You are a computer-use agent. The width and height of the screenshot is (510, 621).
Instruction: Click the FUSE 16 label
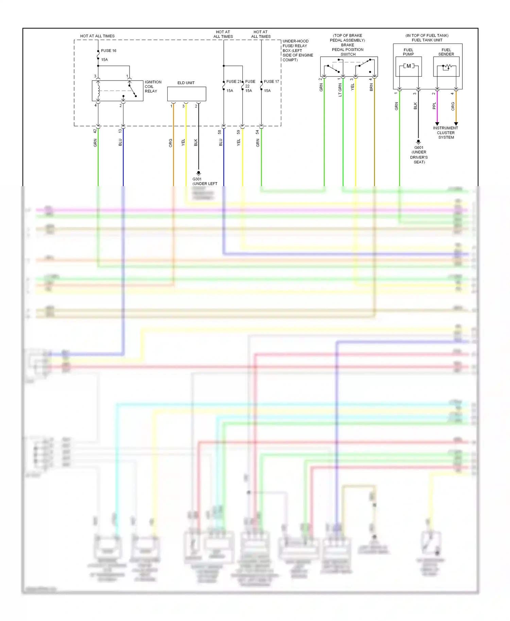coord(108,51)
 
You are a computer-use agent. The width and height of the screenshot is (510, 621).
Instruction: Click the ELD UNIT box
coord(186,94)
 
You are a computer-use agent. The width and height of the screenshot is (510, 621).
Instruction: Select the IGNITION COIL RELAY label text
coord(153,87)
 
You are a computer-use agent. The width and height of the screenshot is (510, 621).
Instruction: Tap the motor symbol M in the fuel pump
coord(409,66)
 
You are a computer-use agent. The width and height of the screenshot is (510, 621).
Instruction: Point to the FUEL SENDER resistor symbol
coord(446,67)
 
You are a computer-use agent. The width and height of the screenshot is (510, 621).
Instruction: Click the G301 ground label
coord(197,179)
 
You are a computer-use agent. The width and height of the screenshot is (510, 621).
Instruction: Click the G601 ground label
coord(419,147)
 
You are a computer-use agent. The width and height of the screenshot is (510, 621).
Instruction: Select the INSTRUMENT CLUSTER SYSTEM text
coord(446,133)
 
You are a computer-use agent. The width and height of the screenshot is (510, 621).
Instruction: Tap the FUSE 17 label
coord(271,82)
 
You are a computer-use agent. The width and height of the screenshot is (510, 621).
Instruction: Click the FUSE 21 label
coord(234,82)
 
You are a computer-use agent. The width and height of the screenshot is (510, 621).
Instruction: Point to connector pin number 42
coord(95,131)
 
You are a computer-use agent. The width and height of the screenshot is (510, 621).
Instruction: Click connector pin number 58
coord(220,132)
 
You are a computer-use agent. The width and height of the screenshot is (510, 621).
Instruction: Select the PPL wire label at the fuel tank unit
coord(434,106)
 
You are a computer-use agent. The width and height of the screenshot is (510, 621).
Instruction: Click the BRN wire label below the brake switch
coord(371,87)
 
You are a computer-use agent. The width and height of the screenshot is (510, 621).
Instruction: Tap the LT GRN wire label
coord(340,90)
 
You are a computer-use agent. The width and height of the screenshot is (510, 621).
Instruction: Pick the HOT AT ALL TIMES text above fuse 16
coord(97,36)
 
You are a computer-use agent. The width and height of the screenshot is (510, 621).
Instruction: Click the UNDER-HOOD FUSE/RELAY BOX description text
coord(297,50)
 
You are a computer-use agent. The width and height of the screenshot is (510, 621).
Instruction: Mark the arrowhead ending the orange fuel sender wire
coord(456,124)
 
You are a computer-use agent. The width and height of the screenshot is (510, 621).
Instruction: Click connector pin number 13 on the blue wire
coord(120,131)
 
